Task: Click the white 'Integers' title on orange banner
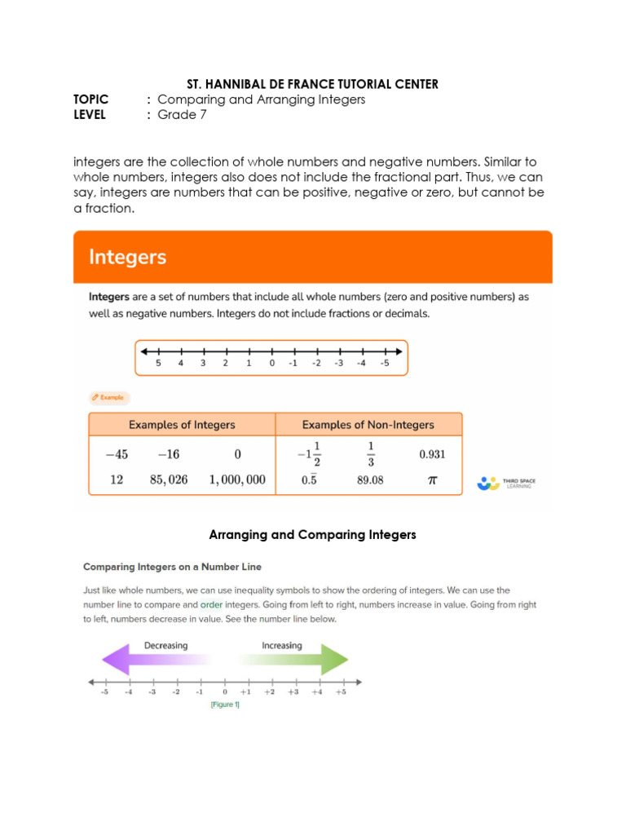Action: tap(127, 258)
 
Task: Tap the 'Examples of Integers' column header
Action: tap(182, 425)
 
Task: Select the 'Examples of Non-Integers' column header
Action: tap(368, 425)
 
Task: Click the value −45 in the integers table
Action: tap(117, 454)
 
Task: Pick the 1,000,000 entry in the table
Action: tap(237, 480)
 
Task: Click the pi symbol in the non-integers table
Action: tap(432, 480)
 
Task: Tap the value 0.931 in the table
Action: tap(432, 454)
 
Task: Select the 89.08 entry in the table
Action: tap(370, 480)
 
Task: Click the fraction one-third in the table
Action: tap(370, 454)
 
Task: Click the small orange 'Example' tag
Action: tap(109, 397)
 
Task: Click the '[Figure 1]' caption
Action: tap(225, 705)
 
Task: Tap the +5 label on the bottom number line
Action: tap(341, 692)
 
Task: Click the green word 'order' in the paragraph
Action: tap(211, 605)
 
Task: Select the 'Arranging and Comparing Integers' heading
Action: tap(312, 535)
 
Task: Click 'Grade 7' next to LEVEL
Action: tap(182, 115)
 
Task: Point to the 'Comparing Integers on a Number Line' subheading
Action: tap(172, 566)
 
